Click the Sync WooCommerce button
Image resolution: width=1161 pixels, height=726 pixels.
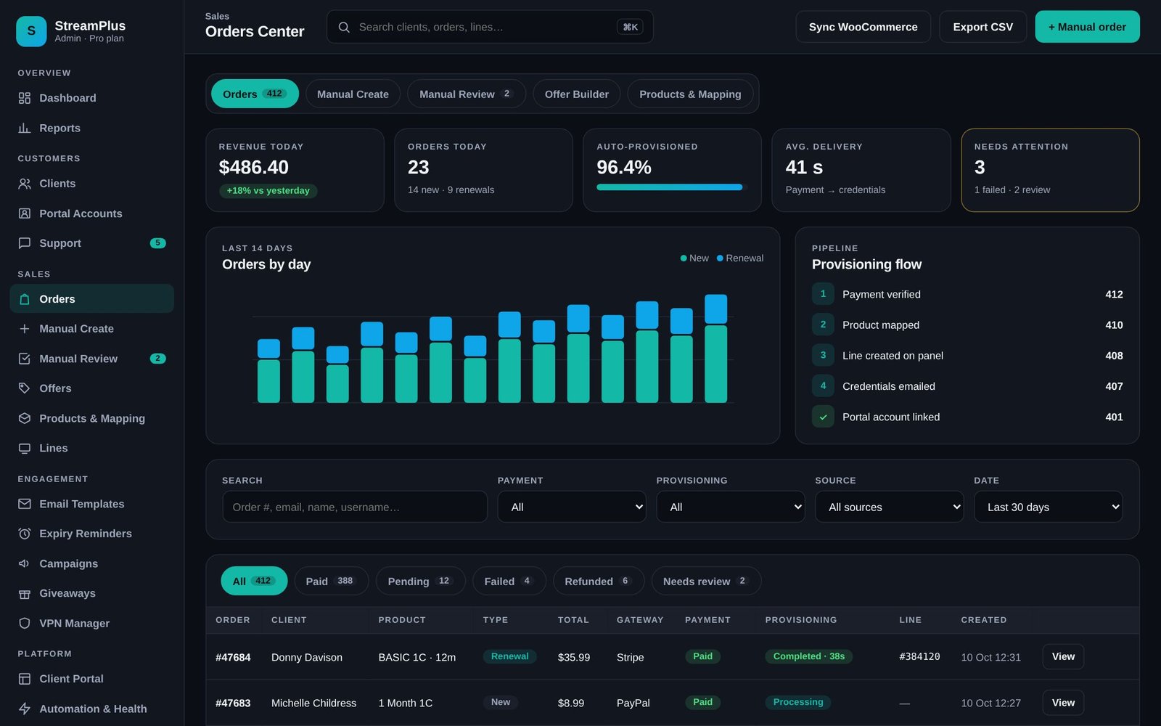click(x=863, y=27)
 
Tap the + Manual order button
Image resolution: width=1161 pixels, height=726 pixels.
click(x=1087, y=27)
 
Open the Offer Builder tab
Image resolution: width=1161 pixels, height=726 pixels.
click(x=576, y=94)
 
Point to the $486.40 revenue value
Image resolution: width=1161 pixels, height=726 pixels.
click(x=253, y=167)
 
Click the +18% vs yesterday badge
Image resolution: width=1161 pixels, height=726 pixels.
click(x=268, y=190)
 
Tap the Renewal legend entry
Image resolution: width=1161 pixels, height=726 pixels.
click(x=739, y=258)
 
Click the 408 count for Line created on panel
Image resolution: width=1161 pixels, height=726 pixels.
click(x=1114, y=356)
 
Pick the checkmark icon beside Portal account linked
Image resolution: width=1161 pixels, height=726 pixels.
click(x=823, y=417)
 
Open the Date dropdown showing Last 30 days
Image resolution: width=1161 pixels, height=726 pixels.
click(x=1048, y=507)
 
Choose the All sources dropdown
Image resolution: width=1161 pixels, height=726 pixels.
click(x=889, y=507)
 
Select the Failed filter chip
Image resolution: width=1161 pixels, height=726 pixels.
click(x=509, y=582)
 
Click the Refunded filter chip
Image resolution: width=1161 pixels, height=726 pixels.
click(x=598, y=582)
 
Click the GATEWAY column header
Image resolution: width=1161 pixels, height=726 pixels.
click(x=639, y=620)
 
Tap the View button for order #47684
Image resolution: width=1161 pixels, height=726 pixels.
click(x=1062, y=656)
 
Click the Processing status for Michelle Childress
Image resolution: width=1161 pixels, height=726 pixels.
click(x=797, y=702)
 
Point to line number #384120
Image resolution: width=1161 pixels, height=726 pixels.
click(x=919, y=656)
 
